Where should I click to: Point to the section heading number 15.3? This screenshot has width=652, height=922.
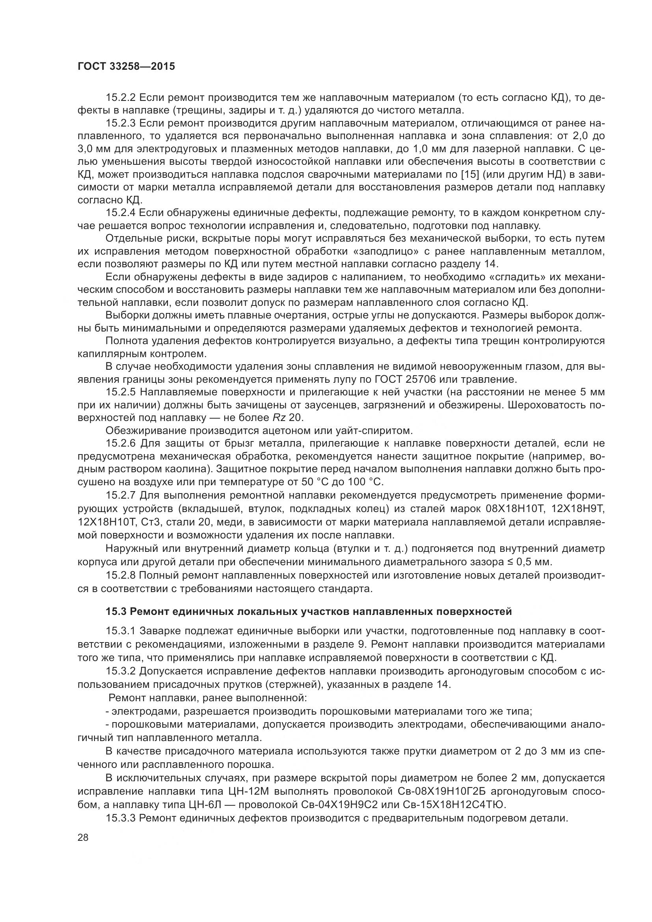[116, 612]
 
